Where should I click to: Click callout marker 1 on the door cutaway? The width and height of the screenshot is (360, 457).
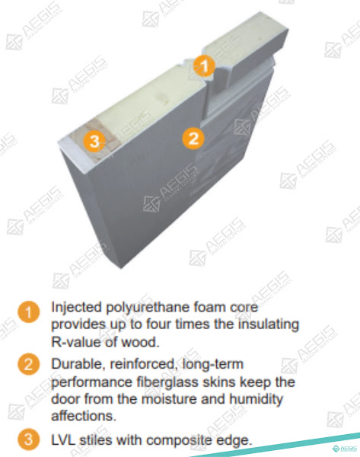point(204,66)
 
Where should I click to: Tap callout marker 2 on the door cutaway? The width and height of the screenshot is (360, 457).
point(193,138)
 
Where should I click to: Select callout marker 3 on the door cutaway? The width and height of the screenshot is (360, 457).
point(94,142)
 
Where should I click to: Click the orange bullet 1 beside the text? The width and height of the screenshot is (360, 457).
point(29,312)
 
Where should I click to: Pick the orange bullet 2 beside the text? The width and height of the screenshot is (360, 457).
point(29,364)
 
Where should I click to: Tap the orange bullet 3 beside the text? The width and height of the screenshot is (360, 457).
point(29,439)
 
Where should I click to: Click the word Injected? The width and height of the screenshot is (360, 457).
point(77,308)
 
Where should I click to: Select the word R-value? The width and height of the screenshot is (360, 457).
point(76,341)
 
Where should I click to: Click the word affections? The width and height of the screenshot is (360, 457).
point(84,416)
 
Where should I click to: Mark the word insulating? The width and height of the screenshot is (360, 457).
point(269,325)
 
